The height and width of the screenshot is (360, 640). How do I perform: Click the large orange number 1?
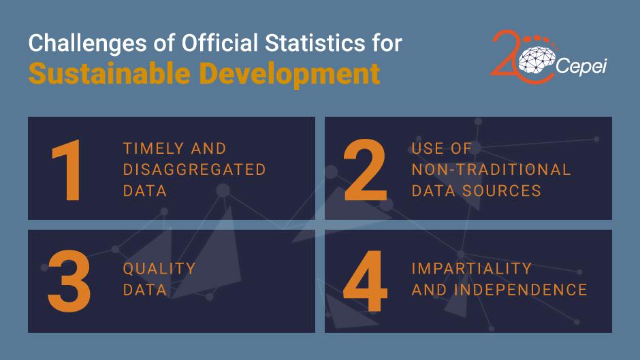click(x=67, y=170)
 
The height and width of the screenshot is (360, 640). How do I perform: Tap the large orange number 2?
click(x=364, y=170)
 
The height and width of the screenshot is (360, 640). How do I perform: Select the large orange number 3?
click(x=68, y=279)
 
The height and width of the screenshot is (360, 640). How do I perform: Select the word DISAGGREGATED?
click(x=194, y=169)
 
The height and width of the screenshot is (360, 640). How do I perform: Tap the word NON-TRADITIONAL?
click(x=491, y=169)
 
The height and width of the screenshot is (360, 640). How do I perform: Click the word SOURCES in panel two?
click(x=504, y=190)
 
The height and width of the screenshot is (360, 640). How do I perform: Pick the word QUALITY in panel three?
click(x=159, y=269)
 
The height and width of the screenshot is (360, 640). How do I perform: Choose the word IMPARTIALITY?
click(x=470, y=269)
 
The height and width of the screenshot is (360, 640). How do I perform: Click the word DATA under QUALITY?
click(x=144, y=289)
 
